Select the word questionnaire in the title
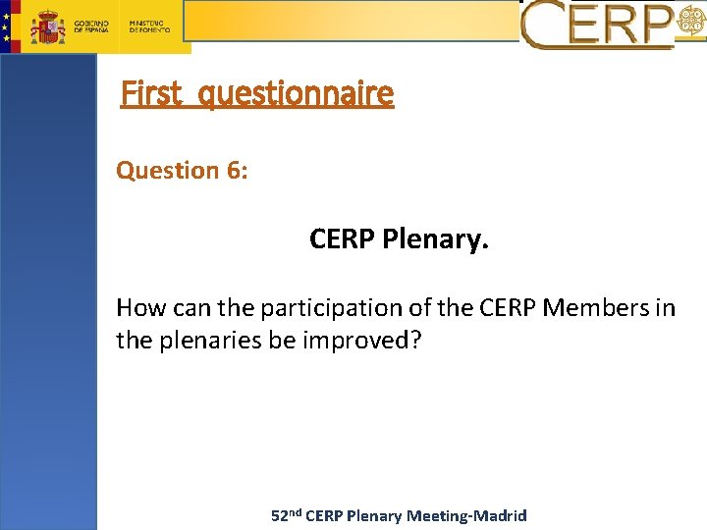pyautogui.click(x=295, y=94)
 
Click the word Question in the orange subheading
pyautogui.click(x=168, y=171)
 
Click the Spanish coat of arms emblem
pyautogui.click(x=47, y=27)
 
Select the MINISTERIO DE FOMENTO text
pyautogui.click(x=149, y=26)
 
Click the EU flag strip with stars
pyautogui.click(x=8, y=26)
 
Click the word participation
pyautogui.click(x=330, y=308)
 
